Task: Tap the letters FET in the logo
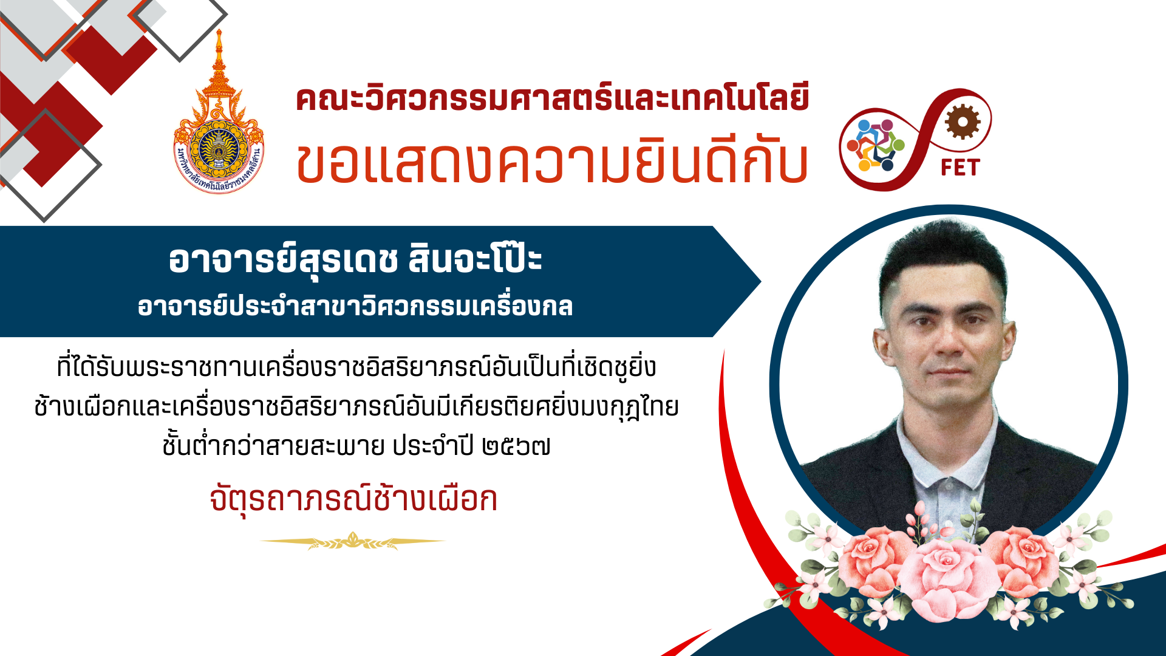tap(960, 168)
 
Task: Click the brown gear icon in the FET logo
tap(962, 121)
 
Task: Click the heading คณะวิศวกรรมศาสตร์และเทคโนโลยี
tap(553, 99)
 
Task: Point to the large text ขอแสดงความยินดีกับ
tap(552, 162)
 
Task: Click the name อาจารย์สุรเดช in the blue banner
tap(283, 261)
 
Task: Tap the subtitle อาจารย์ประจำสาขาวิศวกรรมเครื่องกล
tap(355, 306)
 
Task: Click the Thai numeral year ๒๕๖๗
tap(516, 447)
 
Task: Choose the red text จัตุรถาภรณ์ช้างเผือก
tap(353, 499)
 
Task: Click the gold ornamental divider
tap(353, 541)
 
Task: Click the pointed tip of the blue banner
tap(761, 281)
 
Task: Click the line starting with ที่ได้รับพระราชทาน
tap(356, 367)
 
